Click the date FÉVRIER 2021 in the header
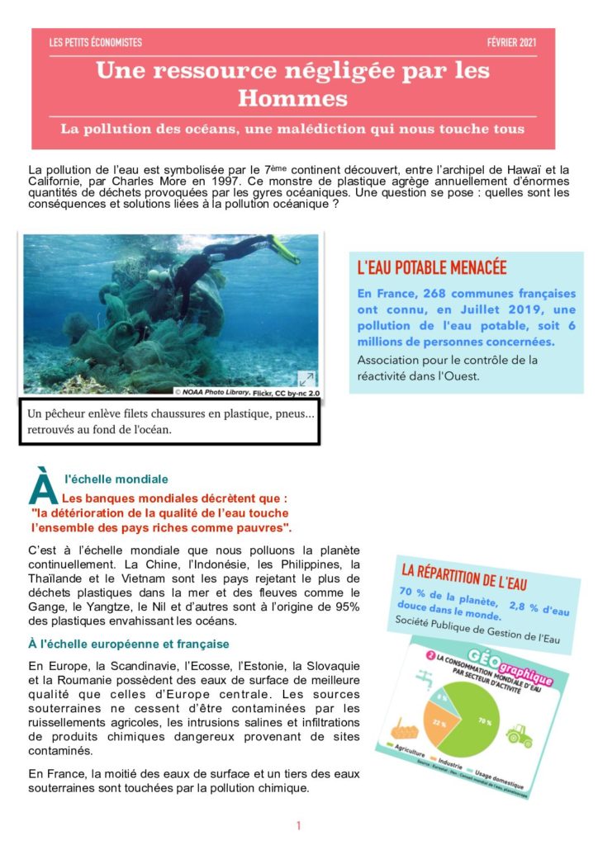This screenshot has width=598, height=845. (512, 43)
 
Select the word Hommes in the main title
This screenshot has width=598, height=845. (292, 99)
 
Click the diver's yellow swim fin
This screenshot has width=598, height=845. (283, 248)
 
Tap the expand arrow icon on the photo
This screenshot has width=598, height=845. (306, 379)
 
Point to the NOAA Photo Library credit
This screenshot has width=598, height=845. (245, 392)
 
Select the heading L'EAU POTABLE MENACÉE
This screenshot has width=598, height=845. (431, 267)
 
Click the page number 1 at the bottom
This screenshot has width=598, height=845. (298, 825)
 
